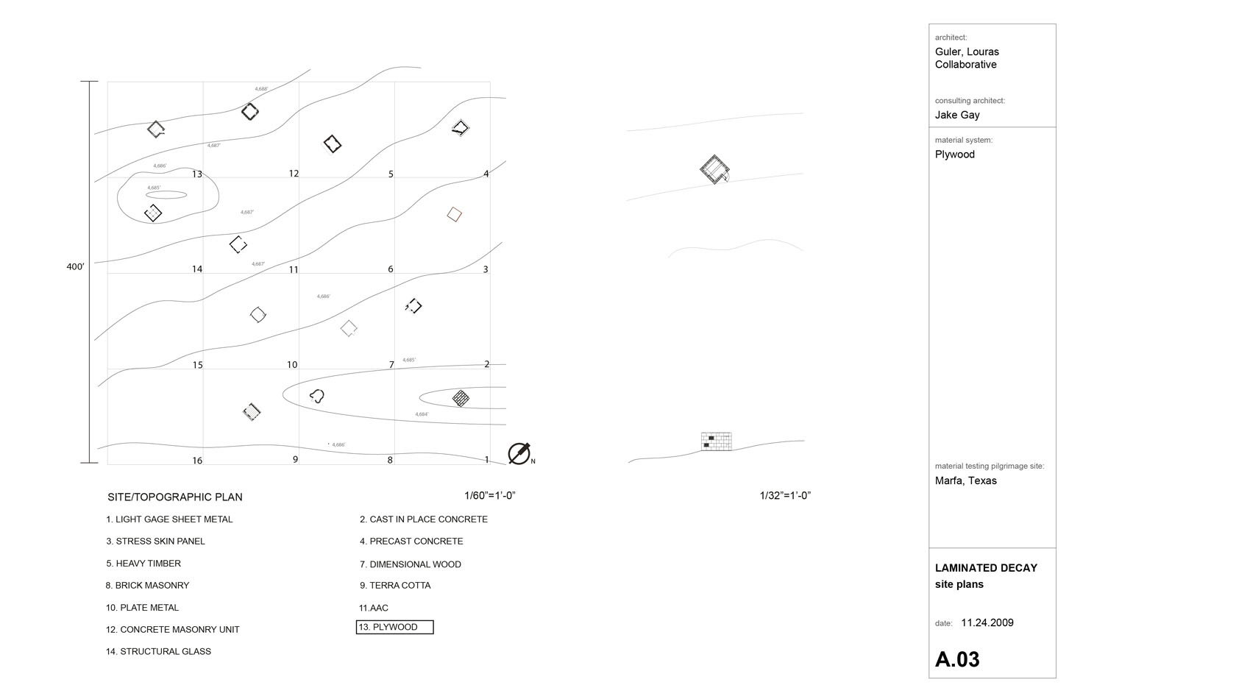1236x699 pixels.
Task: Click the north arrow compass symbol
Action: (x=519, y=453)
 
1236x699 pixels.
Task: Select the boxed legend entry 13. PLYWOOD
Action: (x=395, y=628)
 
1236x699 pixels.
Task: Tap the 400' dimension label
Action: (x=75, y=267)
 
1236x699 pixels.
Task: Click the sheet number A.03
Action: (x=957, y=659)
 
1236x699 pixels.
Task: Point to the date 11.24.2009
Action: (x=987, y=623)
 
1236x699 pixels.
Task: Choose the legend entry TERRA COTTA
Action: (x=395, y=586)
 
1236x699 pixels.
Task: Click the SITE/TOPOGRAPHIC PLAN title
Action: (x=175, y=497)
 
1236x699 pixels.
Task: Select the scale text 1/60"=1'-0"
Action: (x=489, y=496)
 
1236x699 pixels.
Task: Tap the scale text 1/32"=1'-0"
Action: (x=785, y=496)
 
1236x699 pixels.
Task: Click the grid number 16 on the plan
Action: (x=197, y=461)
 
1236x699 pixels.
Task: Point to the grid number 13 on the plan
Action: (x=197, y=174)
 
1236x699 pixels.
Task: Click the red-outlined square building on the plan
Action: (x=455, y=214)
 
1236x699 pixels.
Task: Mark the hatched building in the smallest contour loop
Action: (x=461, y=398)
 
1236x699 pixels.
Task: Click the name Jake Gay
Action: (x=957, y=115)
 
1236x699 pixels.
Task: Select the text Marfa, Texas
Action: (x=966, y=481)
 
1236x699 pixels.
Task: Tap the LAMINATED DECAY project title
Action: (x=986, y=568)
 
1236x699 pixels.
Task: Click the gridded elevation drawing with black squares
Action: (x=716, y=441)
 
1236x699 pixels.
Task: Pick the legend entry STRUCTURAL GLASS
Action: (x=158, y=652)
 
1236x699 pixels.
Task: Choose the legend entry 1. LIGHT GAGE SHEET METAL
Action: (x=169, y=519)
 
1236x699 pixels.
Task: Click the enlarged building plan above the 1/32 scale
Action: (x=714, y=169)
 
